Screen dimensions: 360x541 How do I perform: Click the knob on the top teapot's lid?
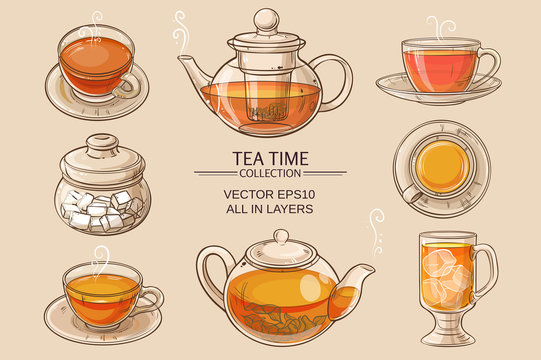(266, 18)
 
